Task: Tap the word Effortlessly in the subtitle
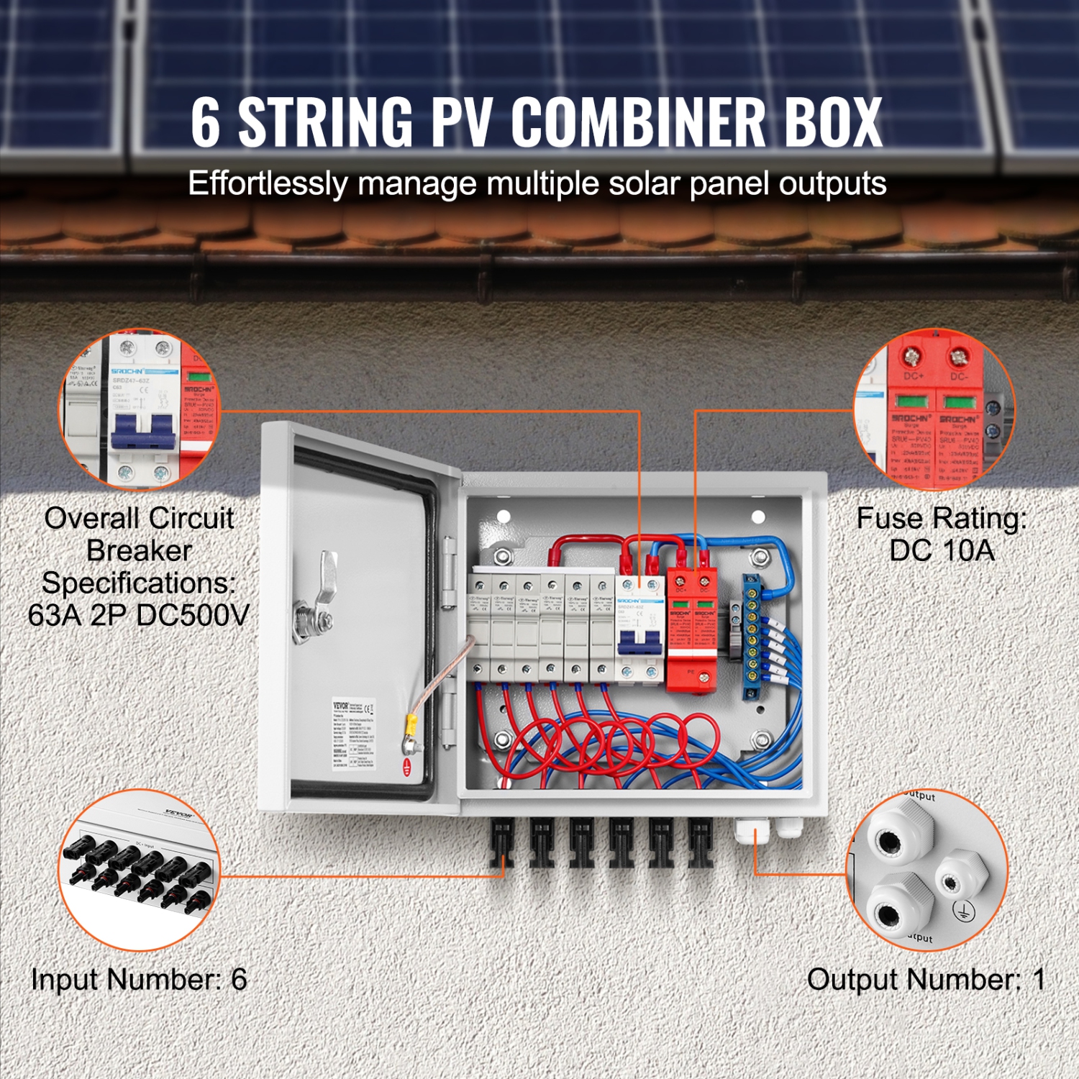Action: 268,183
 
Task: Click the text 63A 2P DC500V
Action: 138,615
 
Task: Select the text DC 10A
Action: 942,551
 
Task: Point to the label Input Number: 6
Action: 139,980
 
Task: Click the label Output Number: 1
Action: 925,980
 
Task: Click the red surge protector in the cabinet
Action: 691,633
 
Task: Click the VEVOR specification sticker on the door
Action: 353,734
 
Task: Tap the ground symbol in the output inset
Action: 962,911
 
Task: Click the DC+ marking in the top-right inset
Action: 913,376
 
